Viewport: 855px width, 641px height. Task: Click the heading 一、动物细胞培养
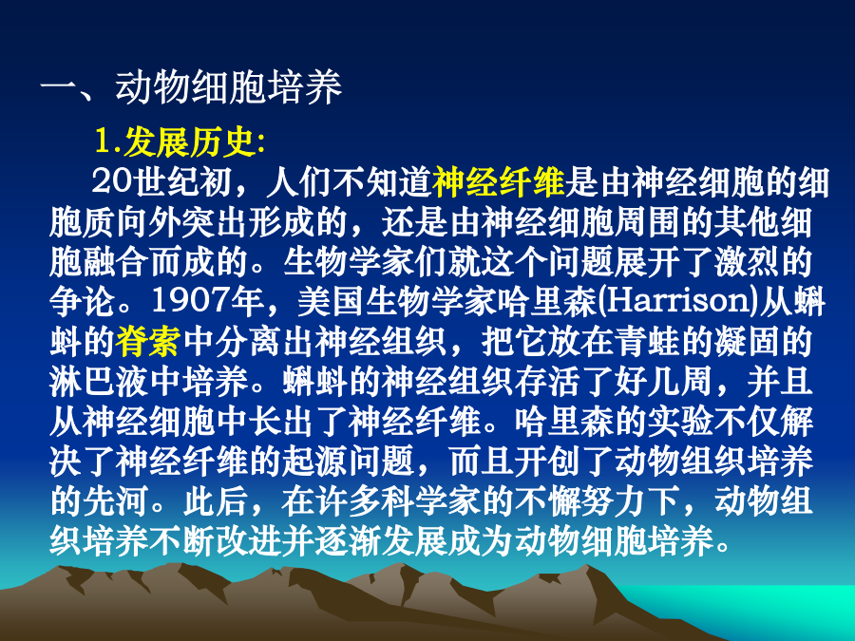click(x=191, y=87)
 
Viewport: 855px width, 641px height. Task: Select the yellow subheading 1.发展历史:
click(x=180, y=142)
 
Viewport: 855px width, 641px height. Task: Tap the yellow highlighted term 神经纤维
click(x=499, y=182)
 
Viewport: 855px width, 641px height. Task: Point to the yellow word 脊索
click(x=148, y=342)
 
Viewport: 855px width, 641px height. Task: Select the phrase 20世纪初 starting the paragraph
click(x=161, y=182)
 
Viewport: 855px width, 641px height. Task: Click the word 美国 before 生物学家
click(x=331, y=302)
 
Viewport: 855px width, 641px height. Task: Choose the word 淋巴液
click(x=99, y=382)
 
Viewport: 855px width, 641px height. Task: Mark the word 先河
click(x=115, y=500)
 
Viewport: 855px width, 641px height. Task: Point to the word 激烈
click(x=747, y=262)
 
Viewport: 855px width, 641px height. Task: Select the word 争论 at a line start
click(x=83, y=302)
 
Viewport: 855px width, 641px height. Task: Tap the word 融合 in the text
click(x=115, y=262)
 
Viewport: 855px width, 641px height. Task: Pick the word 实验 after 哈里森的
click(x=680, y=422)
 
